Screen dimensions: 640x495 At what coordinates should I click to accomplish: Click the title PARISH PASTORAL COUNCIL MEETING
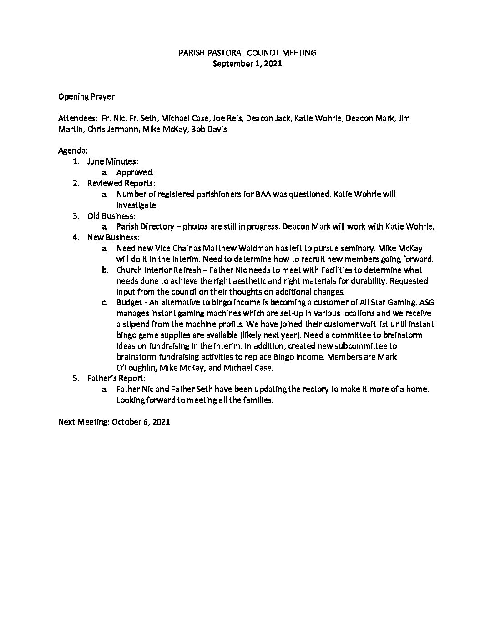pos(247,53)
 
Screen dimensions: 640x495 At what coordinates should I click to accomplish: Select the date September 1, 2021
pos(247,64)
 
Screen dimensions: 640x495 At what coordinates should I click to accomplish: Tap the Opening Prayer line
pos(86,96)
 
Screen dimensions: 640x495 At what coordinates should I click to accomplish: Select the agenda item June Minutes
pos(113,161)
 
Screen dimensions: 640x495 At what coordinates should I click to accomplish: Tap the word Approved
pos(135,172)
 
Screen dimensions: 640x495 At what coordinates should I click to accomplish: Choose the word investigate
pos(137,205)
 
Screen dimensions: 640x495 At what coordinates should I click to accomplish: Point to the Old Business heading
pos(111,216)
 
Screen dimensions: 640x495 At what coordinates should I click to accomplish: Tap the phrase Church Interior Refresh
pos(158,270)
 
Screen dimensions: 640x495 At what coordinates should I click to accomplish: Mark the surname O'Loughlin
pos(135,368)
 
